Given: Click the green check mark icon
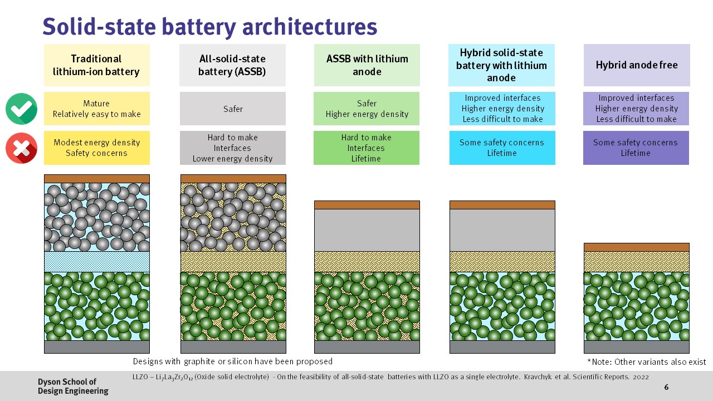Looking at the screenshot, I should pos(21,109).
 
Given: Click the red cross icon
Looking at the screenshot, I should pos(21,148).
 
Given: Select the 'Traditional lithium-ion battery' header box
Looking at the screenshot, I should pos(97,65).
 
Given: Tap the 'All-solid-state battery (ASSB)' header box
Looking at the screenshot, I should pos(232,65).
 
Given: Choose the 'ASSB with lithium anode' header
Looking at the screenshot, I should pos(367,65).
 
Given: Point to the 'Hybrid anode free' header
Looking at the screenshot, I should pos(636,65).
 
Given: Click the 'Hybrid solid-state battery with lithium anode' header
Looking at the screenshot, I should pos(501,65).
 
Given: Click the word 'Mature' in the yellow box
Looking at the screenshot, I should pos(96,104).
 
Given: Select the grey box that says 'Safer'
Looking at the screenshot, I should pos(232,109).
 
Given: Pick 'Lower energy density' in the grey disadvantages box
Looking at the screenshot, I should pos(232,159).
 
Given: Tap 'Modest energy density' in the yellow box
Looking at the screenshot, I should pos(96,143).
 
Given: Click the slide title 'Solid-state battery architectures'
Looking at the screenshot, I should pos(209,27).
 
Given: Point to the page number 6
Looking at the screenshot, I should pos(666,387).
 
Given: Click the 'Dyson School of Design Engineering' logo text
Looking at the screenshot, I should pos(72,386).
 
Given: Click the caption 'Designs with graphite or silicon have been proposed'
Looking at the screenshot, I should pos(232,361).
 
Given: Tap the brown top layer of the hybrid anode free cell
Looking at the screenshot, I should pos(636,247).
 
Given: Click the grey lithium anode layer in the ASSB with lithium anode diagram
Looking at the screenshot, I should pos(367,230).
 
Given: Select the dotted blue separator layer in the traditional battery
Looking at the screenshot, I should pos(97,261).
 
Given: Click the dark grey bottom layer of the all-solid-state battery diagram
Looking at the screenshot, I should pos(233,347).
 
